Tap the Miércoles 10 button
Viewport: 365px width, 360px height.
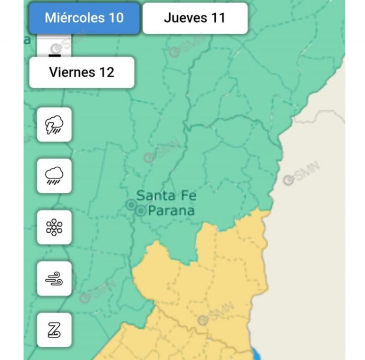pos(84,19)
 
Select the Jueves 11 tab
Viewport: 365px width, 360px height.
pos(195,19)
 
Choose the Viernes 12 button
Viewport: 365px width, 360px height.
pos(82,73)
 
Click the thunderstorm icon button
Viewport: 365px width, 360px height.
pos(54,125)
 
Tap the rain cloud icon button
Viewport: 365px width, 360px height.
pos(54,176)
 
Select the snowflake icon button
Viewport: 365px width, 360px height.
pos(54,227)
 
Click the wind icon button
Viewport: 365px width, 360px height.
pos(54,279)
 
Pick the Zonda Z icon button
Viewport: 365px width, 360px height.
pos(54,330)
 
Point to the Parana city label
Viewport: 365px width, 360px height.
pos(172,210)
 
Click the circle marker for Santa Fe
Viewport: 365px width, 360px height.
pos(131,205)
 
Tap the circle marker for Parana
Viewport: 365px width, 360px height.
pos(141,211)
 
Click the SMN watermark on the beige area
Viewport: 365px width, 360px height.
pos(301,175)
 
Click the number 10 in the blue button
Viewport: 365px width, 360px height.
pos(116,19)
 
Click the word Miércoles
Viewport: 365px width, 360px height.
pos(74,19)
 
